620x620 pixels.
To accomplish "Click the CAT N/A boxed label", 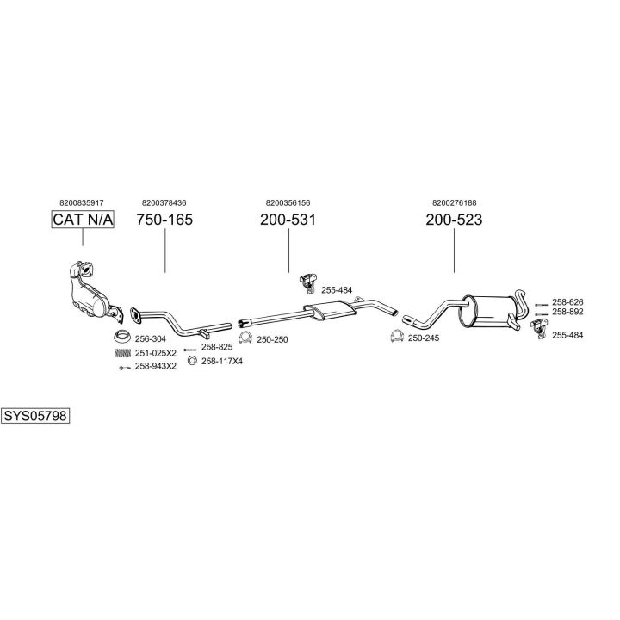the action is coord(83,219).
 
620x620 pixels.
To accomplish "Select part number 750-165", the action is coord(164,220).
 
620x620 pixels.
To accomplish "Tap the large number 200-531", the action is coord(288,220).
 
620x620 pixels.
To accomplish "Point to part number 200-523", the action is coord(454,220).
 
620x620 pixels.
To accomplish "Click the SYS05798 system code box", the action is coord(35,416).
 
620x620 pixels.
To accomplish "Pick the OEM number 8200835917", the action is coord(82,203).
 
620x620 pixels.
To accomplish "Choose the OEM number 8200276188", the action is coord(455,203).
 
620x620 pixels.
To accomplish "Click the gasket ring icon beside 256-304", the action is coord(122,337).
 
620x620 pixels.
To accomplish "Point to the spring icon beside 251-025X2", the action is coord(122,353).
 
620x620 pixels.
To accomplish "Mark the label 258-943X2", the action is coord(156,366).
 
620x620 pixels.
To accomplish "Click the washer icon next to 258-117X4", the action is coord(192,361).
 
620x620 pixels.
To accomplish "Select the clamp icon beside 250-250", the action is coord(245,338).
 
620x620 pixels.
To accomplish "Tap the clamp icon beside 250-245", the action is coord(397,336).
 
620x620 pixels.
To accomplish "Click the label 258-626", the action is coord(567,302).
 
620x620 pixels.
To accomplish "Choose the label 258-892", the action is coord(567,312).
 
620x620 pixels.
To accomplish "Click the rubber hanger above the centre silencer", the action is coord(308,282).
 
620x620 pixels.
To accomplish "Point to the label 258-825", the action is coord(217,347).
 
